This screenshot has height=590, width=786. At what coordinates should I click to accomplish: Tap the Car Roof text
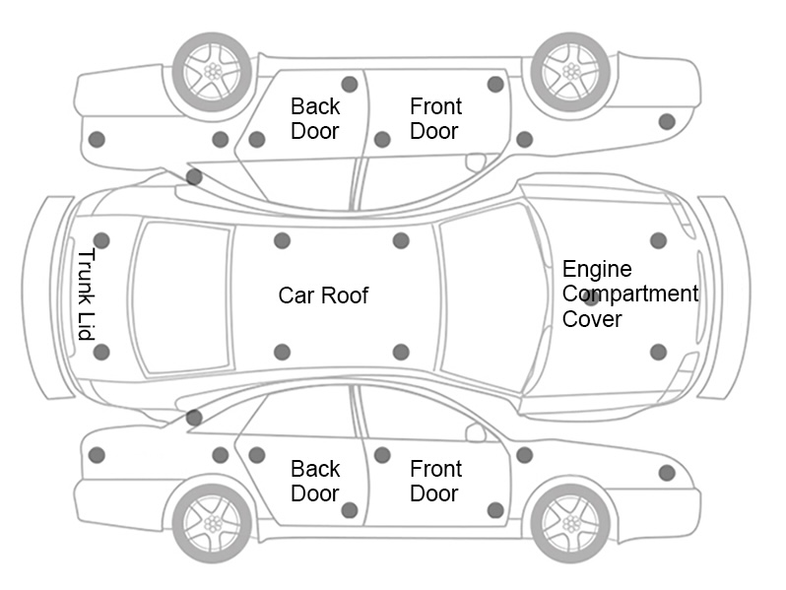tap(323, 295)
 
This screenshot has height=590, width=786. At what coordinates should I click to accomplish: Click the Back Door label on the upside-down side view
tap(315, 118)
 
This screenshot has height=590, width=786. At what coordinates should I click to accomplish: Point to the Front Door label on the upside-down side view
tap(435, 118)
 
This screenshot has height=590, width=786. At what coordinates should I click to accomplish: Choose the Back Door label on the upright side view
tap(315, 481)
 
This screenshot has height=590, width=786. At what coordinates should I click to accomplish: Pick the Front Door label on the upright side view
tap(435, 481)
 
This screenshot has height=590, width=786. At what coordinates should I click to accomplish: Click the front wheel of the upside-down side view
tap(570, 71)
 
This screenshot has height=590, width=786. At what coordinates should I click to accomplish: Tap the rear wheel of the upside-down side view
tap(212, 71)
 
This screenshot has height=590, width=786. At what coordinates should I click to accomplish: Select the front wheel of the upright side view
tap(570, 521)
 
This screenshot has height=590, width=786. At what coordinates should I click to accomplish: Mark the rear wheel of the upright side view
tap(212, 521)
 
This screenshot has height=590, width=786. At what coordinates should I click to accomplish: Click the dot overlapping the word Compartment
tap(591, 296)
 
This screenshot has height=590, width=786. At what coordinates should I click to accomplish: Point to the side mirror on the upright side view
tap(476, 432)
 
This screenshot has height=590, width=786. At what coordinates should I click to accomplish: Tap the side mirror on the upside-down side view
tap(476, 162)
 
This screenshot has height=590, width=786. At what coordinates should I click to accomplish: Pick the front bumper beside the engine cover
tap(724, 296)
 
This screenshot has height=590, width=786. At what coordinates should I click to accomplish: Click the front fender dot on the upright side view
tap(667, 473)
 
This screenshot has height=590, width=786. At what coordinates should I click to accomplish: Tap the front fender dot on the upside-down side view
tap(667, 121)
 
